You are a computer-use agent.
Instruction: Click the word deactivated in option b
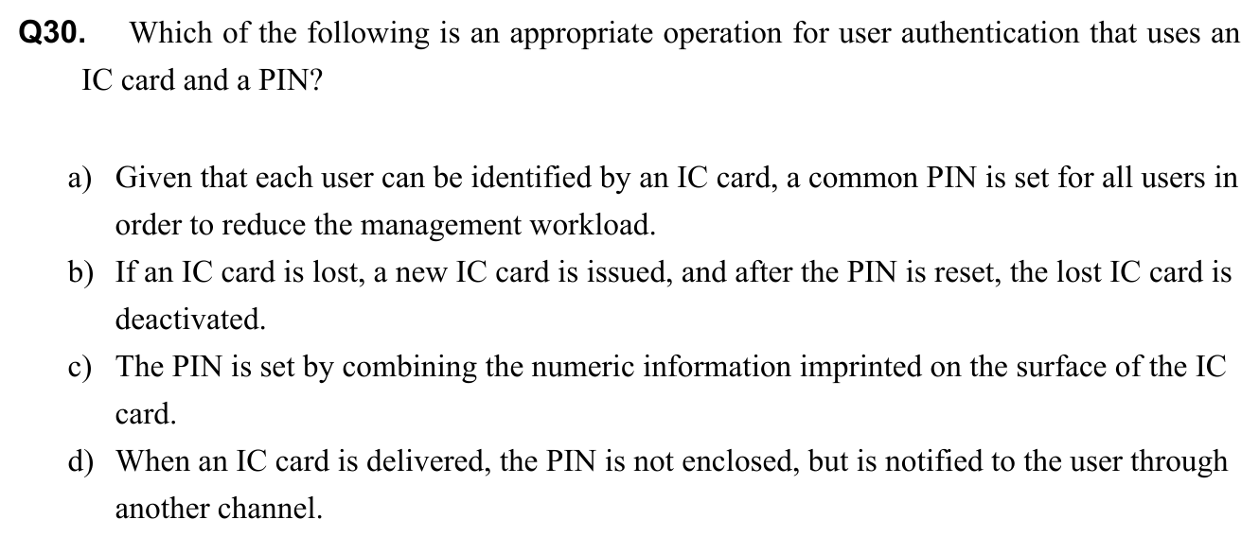(x=190, y=320)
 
